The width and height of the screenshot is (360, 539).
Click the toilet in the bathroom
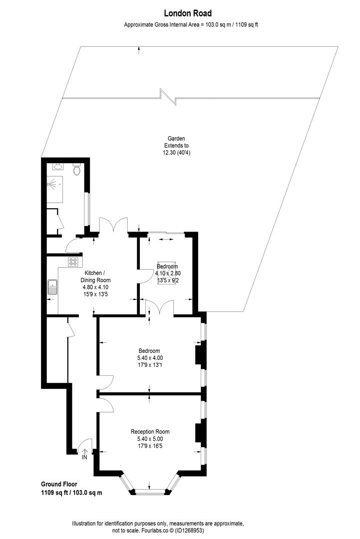click(77, 170)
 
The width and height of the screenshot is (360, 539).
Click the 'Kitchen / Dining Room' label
click(94, 276)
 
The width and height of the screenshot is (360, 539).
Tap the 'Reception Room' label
click(150, 432)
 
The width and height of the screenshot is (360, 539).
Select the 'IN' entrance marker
click(84, 457)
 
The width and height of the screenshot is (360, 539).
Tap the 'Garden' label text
click(176, 139)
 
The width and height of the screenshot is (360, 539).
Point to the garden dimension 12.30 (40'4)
click(176, 153)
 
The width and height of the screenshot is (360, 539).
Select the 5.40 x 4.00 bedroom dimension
click(150, 358)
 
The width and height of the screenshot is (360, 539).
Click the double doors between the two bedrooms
click(160, 307)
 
